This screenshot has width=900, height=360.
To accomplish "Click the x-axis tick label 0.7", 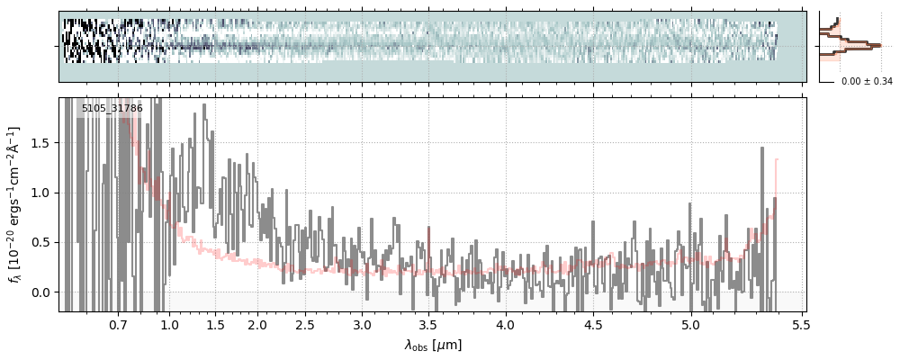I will tap(118, 325).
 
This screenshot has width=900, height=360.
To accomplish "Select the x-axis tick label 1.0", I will tap(169, 325).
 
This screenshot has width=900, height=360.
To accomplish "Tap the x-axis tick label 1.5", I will tap(215, 325).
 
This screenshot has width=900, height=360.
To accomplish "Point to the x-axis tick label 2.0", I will tap(257, 325).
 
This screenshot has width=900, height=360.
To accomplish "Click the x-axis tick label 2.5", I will tap(305, 325).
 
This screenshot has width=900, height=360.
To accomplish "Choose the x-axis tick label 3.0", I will tap(362, 325).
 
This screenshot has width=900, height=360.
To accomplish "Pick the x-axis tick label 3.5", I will tap(430, 325).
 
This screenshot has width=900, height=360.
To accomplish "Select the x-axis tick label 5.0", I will tap(690, 325).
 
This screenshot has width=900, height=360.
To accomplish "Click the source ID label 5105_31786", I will tap(112, 109).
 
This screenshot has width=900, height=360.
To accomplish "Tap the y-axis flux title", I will tap(15, 204).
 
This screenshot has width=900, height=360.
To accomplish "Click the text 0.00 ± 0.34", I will tap(867, 82).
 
